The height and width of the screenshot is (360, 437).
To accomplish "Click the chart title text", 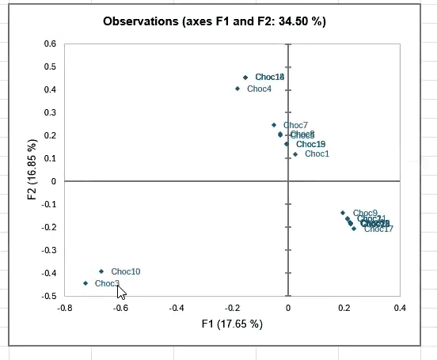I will pyautogui.click(x=215, y=21).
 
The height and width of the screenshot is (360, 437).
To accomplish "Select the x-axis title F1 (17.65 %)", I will pyautogui.click(x=232, y=324).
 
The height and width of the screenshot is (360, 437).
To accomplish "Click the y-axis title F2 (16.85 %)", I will pyautogui.click(x=32, y=169).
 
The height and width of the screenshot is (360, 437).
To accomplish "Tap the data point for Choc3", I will pyautogui.click(x=85, y=283).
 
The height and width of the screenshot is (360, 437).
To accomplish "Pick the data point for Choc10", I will pyautogui.click(x=101, y=271).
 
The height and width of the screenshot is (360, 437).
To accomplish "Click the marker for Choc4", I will pyautogui.click(x=237, y=89).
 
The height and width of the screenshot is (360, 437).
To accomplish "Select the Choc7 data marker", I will pyautogui.click(x=274, y=125).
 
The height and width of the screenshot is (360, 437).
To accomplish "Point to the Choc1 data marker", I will pyautogui.click(x=295, y=153).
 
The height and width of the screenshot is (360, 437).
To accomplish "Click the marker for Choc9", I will pyautogui.click(x=343, y=213).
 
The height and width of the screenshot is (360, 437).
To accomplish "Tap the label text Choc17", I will pyautogui.click(x=378, y=229).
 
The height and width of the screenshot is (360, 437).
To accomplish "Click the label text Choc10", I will pyautogui.click(x=126, y=271).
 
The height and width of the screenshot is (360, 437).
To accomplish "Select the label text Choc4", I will pyautogui.click(x=259, y=89).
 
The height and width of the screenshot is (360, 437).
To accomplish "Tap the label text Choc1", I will pyautogui.click(x=317, y=153).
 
